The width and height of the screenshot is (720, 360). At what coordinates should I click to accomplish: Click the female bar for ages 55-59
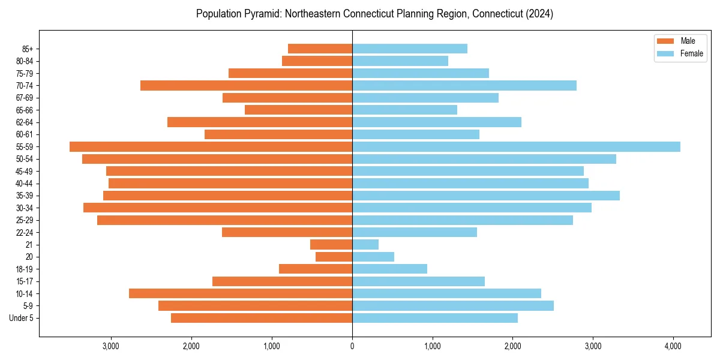coord(516,146)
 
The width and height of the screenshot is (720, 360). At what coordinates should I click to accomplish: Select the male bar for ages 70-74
coord(246,85)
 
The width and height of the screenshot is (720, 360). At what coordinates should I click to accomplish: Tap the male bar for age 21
coord(331,244)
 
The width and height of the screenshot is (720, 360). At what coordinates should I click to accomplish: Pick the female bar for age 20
coord(373,257)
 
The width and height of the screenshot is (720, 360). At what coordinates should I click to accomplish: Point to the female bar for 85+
coord(410,49)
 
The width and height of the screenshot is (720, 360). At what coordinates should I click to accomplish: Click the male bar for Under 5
coord(262,318)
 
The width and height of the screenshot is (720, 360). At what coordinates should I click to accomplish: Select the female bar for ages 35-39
coord(486,196)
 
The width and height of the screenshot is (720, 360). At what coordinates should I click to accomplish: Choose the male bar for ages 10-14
coord(241,293)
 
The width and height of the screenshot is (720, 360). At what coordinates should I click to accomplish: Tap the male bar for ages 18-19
coord(316,269)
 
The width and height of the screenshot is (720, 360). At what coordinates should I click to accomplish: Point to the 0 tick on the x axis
coord(352,346)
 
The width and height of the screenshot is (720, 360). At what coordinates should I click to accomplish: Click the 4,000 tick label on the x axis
coord(673,346)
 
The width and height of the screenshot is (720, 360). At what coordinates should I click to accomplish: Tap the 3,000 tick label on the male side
coord(111,346)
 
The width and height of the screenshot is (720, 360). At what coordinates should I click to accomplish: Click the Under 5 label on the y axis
coord(21,318)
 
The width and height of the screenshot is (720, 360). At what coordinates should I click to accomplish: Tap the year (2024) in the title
coord(539,14)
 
